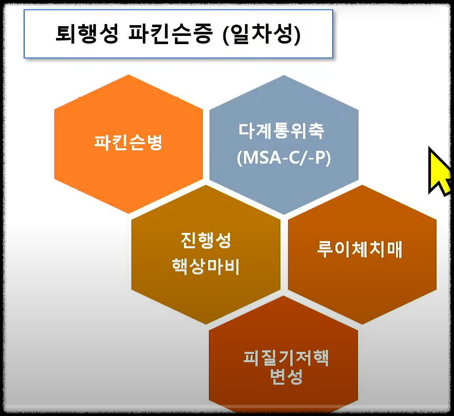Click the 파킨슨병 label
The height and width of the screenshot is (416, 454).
(128, 142)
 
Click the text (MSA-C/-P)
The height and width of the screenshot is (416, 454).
(283, 157)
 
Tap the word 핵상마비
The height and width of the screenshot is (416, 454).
(205, 267)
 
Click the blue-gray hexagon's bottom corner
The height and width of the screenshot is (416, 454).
(284, 214)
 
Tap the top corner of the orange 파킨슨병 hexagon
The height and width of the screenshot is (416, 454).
(128, 75)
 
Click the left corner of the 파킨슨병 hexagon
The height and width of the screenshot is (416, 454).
(55, 144)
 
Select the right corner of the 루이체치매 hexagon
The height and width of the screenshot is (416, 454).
(437, 254)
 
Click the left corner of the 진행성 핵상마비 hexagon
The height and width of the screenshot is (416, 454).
(131, 254)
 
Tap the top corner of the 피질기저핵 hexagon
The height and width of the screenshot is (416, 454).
(283, 296)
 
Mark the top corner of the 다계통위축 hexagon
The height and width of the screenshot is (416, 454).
(284, 75)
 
